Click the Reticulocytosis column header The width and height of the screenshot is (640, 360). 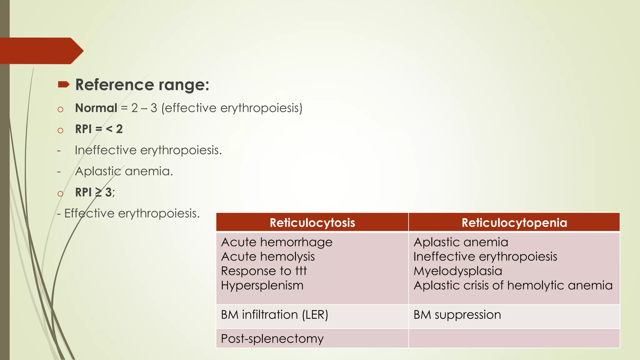[x=312, y=223]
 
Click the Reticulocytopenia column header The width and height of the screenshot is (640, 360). [x=514, y=223]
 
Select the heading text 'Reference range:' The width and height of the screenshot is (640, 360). [x=142, y=85]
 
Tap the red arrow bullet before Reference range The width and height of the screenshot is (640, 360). [x=63, y=84]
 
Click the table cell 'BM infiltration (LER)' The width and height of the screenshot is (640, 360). [x=274, y=315]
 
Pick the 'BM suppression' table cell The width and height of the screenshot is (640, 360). [x=457, y=315]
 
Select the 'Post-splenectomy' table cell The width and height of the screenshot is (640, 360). [x=272, y=339]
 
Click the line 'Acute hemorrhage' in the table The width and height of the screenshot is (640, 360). [x=277, y=242]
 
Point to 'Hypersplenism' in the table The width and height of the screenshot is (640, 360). [x=262, y=285]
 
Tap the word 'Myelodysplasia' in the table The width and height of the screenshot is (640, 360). [x=457, y=271]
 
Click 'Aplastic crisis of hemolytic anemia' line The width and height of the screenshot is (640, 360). [x=513, y=285]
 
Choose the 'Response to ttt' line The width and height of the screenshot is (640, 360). [x=264, y=271]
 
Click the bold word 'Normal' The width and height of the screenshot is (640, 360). [x=96, y=108]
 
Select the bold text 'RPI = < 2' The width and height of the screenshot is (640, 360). [x=99, y=129]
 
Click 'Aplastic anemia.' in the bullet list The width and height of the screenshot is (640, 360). [x=124, y=171]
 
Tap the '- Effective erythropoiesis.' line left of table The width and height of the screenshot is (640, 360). [x=128, y=213]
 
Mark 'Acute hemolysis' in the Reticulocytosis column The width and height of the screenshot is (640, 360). [x=268, y=257]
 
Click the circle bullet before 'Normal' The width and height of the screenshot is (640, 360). [x=60, y=109]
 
